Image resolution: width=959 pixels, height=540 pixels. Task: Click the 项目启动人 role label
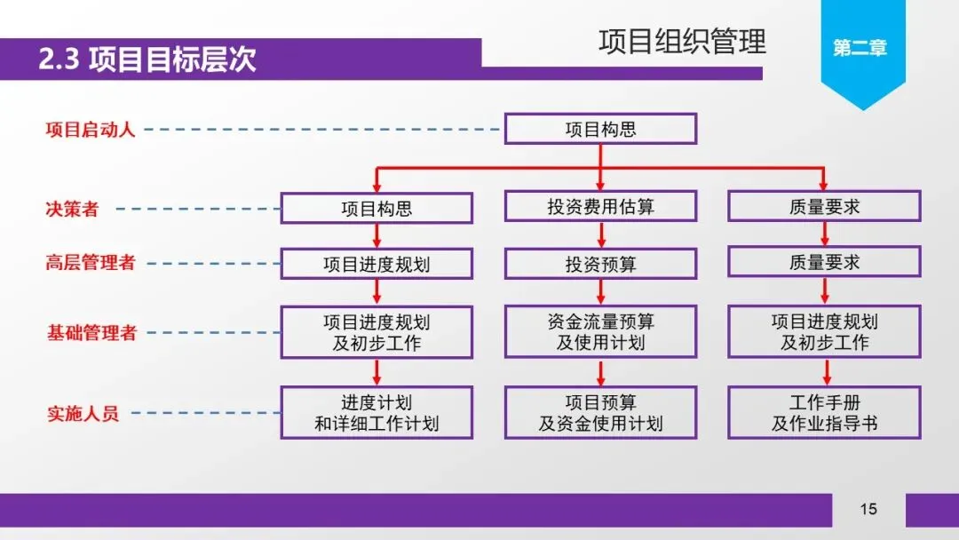(91, 130)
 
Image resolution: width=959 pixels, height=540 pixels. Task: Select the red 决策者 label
(72, 210)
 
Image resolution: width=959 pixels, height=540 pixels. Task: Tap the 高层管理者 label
(91, 263)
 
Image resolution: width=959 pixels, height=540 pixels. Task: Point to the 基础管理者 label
(91, 333)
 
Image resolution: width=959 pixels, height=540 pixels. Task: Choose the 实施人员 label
(83, 414)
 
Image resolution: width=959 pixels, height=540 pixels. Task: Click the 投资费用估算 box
(600, 207)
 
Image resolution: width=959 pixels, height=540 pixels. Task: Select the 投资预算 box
(600, 264)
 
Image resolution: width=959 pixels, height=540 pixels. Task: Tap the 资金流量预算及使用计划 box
(600, 332)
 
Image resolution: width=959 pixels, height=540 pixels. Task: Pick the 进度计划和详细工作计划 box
(376, 413)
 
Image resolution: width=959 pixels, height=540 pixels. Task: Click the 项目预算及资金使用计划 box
(600, 413)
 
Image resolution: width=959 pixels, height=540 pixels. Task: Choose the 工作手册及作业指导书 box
(824, 413)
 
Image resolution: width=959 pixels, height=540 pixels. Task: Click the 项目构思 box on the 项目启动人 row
(600, 130)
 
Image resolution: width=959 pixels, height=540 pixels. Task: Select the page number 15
(868, 509)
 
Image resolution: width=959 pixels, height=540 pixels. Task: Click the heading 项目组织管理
(682, 42)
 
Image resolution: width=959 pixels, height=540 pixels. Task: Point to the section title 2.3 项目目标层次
(147, 60)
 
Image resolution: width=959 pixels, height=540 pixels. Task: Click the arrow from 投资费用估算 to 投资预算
(601, 235)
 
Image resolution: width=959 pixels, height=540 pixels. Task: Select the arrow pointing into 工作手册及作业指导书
(825, 372)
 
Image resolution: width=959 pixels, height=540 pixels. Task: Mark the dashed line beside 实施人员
(204, 414)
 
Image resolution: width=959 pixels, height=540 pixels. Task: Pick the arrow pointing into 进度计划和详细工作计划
(377, 372)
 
